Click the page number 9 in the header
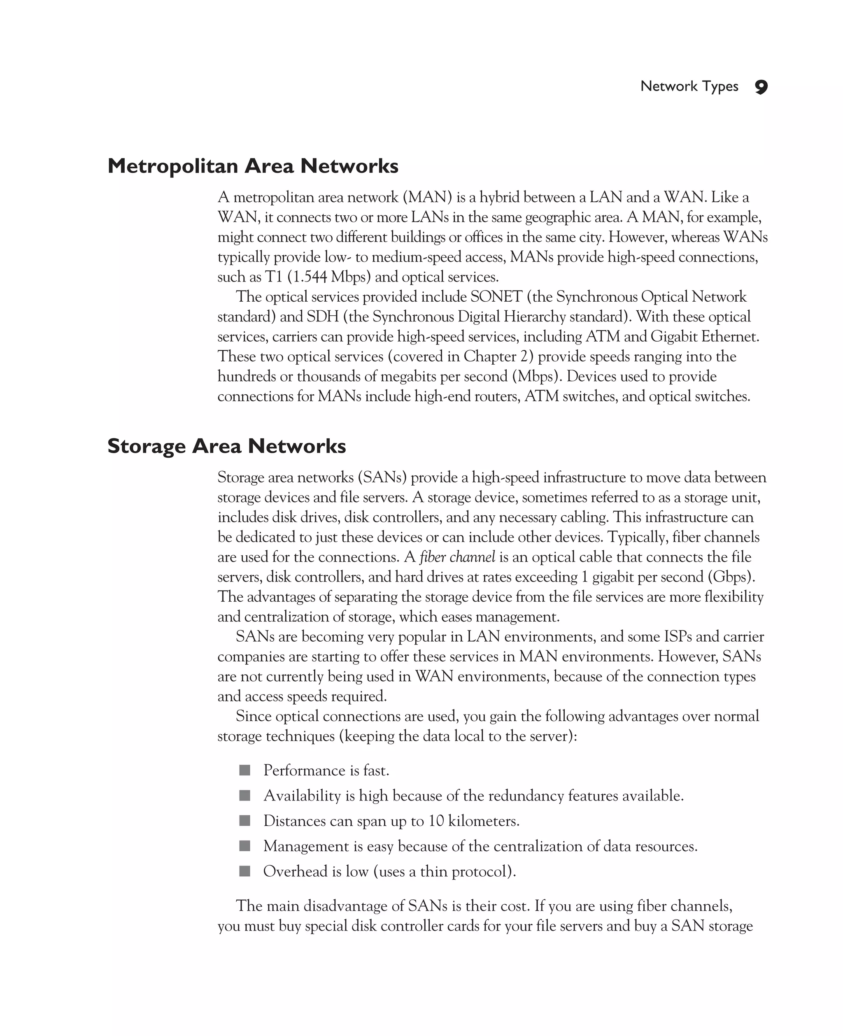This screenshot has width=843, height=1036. pos(761,87)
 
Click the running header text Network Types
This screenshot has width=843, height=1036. pos(689,86)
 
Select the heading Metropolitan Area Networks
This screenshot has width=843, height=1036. pos(252,166)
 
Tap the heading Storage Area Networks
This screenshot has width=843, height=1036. pos(226,446)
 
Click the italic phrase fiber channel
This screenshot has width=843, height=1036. pos(457,557)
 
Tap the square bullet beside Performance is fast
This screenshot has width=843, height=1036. pos(245,770)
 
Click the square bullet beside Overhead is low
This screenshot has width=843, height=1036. pos(245,871)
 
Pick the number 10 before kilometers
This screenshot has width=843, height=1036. pos(435,821)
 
